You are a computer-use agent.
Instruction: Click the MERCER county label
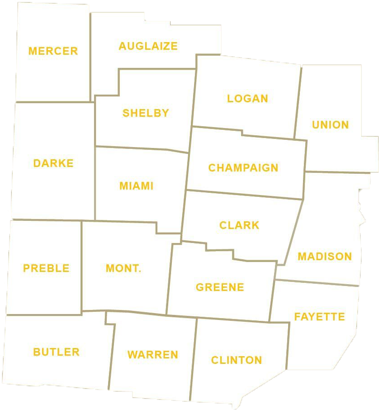(53, 51)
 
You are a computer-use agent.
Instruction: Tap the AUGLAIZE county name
(148, 46)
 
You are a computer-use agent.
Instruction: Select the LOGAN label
(247, 99)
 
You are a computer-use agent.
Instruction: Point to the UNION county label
(330, 125)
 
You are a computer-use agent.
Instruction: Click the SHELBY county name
(146, 113)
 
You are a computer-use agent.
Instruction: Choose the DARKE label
(53, 163)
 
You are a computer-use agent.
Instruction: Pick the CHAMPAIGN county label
(243, 168)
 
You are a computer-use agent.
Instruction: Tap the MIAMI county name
(137, 186)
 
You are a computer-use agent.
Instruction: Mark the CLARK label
(239, 225)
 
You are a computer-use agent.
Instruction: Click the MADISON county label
(324, 257)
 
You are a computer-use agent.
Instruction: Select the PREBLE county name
(46, 268)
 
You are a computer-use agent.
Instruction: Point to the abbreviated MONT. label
(123, 268)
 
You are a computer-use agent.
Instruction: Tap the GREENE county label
(220, 287)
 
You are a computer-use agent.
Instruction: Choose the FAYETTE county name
(319, 317)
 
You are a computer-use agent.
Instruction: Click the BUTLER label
(56, 352)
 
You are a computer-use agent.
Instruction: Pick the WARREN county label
(153, 355)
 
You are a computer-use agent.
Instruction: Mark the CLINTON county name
(237, 360)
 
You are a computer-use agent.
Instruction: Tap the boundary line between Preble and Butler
(43, 315)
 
